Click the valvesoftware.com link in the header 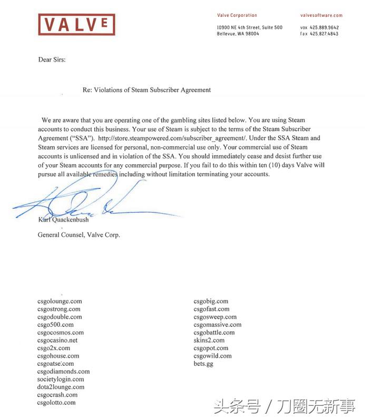point(321,16)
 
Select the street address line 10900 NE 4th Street point(250,27)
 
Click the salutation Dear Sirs point(52,59)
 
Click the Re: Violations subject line point(147,90)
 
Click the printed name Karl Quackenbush point(63,219)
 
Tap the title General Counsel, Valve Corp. point(79,235)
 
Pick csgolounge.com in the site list point(60,302)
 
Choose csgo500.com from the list point(55,325)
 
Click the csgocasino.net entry point(57,341)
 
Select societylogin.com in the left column point(61,379)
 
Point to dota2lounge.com point(61,387)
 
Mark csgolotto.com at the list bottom point(56,403)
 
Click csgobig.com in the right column point(211,302)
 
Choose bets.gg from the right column point(203,364)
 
